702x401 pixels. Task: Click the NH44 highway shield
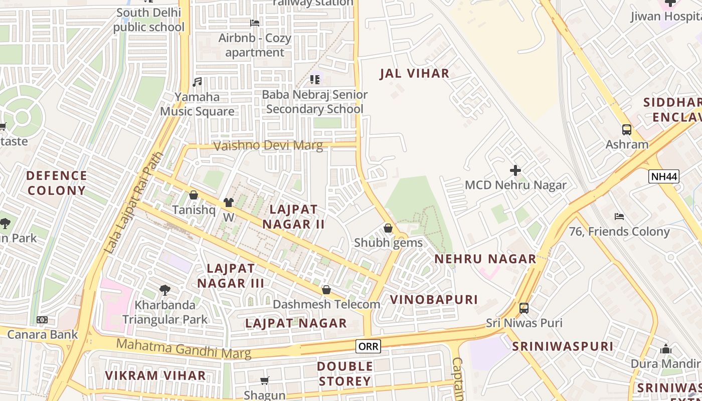click(x=663, y=176)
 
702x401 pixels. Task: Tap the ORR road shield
click(x=369, y=346)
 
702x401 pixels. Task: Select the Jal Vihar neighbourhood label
click(x=414, y=73)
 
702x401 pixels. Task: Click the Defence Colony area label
click(x=57, y=183)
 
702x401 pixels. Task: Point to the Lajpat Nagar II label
click(x=294, y=217)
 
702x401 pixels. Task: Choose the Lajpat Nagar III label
click(x=231, y=276)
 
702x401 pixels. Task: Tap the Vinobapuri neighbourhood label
click(x=434, y=300)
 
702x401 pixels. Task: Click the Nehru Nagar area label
click(x=485, y=259)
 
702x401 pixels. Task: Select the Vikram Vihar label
click(x=155, y=375)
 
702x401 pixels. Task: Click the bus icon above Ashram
click(x=627, y=130)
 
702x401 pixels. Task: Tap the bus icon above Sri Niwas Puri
click(x=524, y=308)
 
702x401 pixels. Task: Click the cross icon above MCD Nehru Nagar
click(x=515, y=170)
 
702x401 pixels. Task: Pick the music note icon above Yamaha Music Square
click(x=197, y=82)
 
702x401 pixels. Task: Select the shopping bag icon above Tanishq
click(x=194, y=195)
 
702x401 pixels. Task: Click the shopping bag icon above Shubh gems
click(x=388, y=228)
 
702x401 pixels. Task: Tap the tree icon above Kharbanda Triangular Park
click(x=164, y=290)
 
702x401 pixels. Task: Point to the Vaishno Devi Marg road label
click(x=268, y=146)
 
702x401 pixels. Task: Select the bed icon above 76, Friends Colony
click(x=619, y=217)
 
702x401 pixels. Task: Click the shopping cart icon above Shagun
click(x=265, y=381)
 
